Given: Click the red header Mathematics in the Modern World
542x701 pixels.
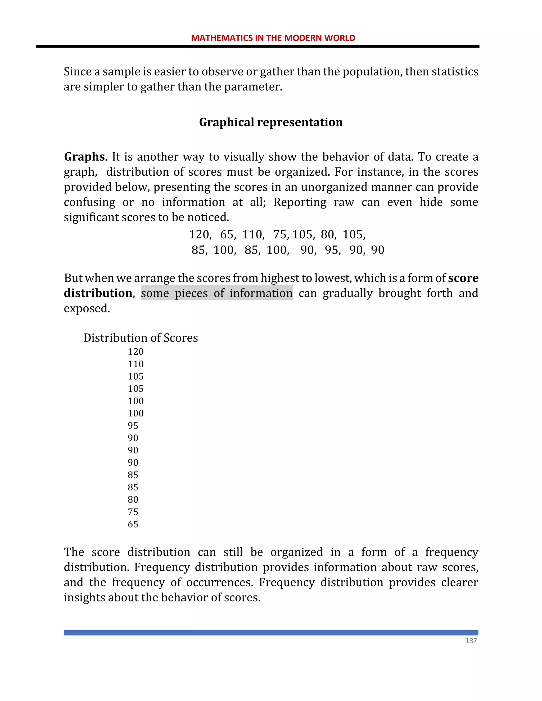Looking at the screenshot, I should tap(273, 38).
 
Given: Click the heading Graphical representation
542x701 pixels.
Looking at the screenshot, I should tap(271, 122).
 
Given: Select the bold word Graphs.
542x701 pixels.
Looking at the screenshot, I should tap(85, 157).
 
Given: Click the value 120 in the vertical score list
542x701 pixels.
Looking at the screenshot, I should tap(135, 352).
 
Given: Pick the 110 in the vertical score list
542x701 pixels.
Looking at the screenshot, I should tap(135, 364).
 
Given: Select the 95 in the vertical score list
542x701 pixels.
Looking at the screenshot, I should tap(133, 426).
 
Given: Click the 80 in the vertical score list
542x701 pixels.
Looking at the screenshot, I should tap(133, 499).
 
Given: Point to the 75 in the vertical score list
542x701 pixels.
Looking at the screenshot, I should tap(133, 512).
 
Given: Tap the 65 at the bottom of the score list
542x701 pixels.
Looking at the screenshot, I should tap(133, 524).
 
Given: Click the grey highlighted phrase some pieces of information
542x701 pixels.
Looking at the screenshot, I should tap(217, 293).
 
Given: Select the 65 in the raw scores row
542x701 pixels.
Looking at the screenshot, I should tap(227, 235).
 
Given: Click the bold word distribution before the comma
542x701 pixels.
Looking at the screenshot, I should tap(98, 293).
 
